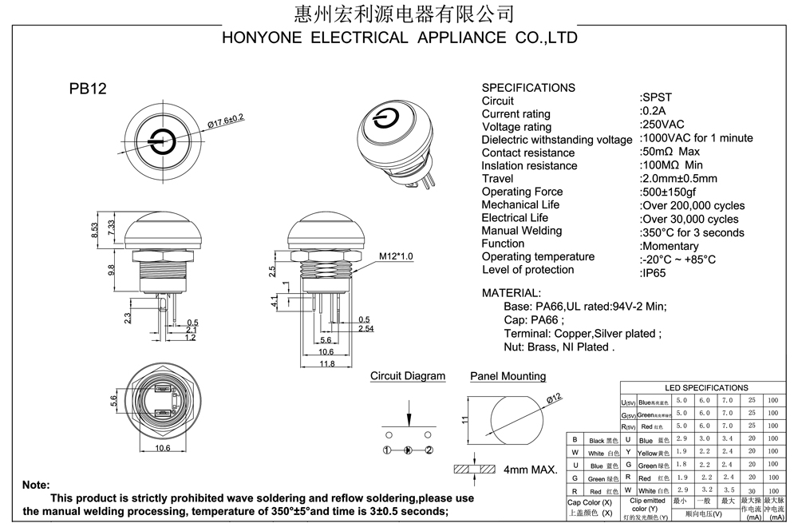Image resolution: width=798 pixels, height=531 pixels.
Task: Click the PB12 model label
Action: click(88, 89)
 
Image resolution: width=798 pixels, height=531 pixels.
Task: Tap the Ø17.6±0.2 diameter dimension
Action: click(226, 122)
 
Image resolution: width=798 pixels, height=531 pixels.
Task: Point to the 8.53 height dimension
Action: click(96, 230)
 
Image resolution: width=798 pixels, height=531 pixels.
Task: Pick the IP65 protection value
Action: click(654, 272)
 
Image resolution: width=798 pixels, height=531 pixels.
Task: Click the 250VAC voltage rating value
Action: click(662, 125)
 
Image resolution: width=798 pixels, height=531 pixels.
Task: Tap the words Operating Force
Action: click(522, 192)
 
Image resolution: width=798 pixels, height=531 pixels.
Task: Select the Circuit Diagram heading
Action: click(408, 376)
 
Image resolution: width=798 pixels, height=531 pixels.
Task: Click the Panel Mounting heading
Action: click(508, 376)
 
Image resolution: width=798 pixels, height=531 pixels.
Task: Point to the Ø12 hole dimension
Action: click(555, 398)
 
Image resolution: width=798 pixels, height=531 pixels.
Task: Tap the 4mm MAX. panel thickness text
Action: click(530, 470)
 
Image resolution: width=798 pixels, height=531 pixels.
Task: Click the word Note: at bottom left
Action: click(36, 485)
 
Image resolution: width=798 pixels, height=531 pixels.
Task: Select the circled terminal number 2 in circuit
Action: click(429, 450)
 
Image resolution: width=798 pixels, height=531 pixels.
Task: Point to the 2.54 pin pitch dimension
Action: click(366, 328)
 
